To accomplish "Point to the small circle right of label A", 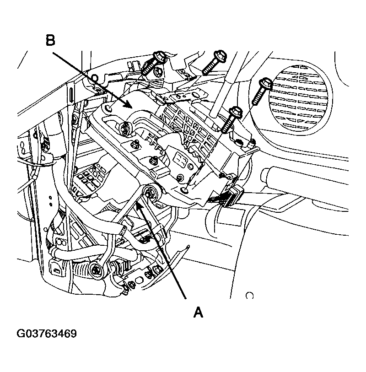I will (x=249, y=295).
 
